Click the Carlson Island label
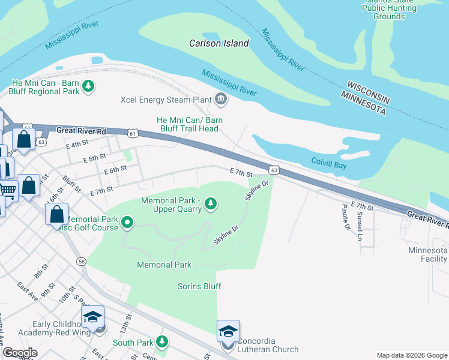pos(218,43)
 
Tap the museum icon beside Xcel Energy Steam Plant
pos(221,99)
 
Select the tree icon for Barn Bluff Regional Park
pos(88,86)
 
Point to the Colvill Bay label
pos(329,161)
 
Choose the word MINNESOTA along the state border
pos(363,103)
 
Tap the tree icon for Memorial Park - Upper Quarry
pos(210,204)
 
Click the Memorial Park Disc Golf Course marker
pos(127,224)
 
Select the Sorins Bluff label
pos(199,286)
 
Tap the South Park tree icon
pos(161,342)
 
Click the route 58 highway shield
pos(81,262)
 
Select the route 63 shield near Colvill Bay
pos(274,170)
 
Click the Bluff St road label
pos(71,183)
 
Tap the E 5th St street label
pos(95,157)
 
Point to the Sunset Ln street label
pos(360,221)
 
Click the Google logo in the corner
pos(19,353)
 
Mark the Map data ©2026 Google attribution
pos(411,355)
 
